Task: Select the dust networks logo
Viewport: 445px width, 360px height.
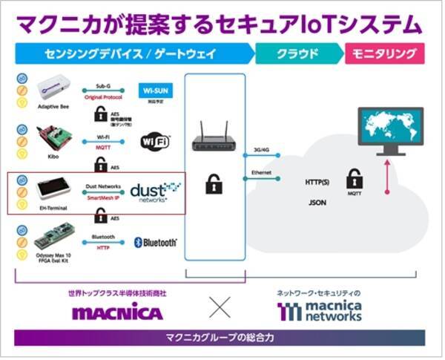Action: [155, 192]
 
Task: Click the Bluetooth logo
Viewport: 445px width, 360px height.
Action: [156, 242]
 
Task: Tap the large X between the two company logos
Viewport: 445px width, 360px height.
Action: [220, 306]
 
